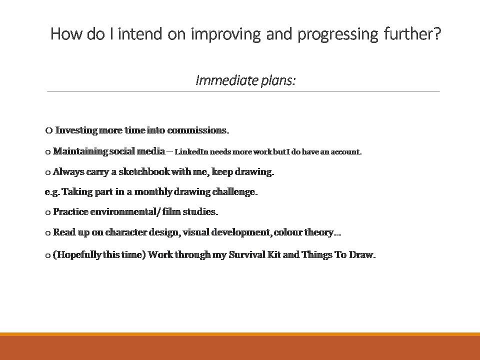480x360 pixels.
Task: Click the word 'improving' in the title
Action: pyautogui.click(x=225, y=34)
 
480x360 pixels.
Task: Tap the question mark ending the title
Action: pyautogui.click(x=437, y=33)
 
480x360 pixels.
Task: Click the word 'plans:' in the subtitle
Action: pyautogui.click(x=278, y=81)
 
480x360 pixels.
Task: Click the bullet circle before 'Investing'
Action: pyautogui.click(x=48, y=130)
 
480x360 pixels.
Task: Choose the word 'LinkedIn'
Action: pyautogui.click(x=191, y=152)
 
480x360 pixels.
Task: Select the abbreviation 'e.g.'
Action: pyautogui.click(x=52, y=192)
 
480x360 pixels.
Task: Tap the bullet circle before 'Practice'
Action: pyautogui.click(x=48, y=212)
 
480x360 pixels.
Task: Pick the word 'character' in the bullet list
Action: pyautogui.click(x=126, y=232)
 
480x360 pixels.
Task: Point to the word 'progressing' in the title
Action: pyautogui.click(x=337, y=34)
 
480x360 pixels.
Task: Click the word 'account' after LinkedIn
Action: pyautogui.click(x=345, y=152)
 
